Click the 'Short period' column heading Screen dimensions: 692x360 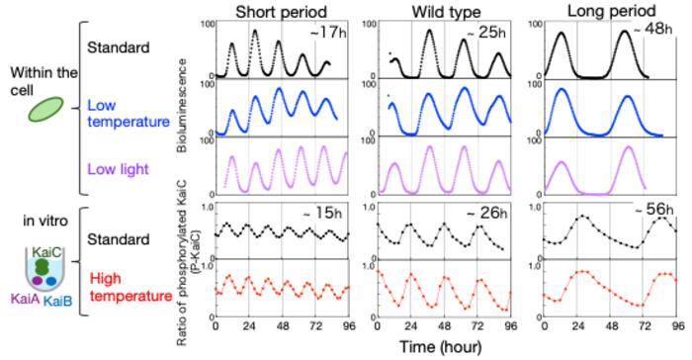point(281,12)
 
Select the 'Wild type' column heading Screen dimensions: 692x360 point(446,12)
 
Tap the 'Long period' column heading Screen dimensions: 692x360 point(611,11)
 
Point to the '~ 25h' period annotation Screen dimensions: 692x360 point(486,33)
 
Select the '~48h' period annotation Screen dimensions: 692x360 point(652,29)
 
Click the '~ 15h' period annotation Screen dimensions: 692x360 point(322,214)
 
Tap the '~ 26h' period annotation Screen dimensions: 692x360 point(486,214)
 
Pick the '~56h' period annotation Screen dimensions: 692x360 point(654,210)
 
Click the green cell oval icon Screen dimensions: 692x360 point(45,109)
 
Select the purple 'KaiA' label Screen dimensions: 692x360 point(25,300)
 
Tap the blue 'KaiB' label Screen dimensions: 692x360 point(57,301)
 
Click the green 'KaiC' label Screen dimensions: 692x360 point(48,252)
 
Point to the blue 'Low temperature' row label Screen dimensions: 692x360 point(129,114)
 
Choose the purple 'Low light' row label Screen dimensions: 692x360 point(118,169)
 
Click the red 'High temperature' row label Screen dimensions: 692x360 point(130,287)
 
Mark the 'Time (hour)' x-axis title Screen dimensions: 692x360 point(441,346)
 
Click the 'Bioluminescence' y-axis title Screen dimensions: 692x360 point(182,106)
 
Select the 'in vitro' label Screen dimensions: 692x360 point(45,221)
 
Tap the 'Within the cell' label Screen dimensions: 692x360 point(43,81)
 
